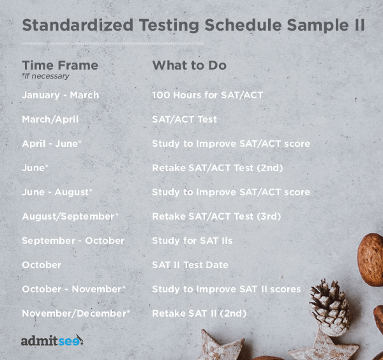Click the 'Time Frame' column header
pos(60,65)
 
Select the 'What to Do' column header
pos(190,65)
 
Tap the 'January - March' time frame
pos(61,95)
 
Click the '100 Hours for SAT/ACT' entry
pos(207,95)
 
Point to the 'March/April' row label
pos(50,119)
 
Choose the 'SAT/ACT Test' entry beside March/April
pos(184,119)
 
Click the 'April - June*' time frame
pos(52,144)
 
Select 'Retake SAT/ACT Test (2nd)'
pos(218,168)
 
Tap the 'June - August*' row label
pos(57,192)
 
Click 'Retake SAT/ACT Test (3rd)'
pos(216,216)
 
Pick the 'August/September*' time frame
pos(70,216)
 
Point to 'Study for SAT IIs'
pos(192,241)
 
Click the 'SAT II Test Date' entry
pos(190,265)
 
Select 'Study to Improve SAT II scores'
pos(226,289)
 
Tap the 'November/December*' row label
pos(76,313)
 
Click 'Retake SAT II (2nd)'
pos(199,313)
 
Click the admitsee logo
pos(52,340)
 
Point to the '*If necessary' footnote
pos(46,76)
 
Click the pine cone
pos(331,307)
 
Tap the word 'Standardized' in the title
pos(78,25)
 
